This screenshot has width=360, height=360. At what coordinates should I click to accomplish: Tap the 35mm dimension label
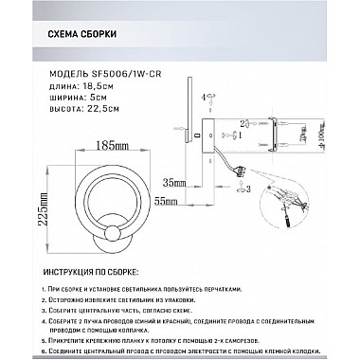pyautogui.click(x=172, y=181)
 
